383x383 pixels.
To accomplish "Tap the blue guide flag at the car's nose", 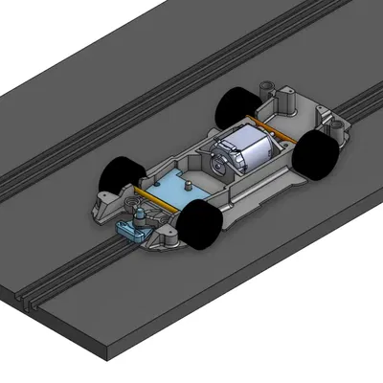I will click(x=132, y=229).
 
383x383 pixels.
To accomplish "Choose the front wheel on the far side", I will click(x=122, y=173).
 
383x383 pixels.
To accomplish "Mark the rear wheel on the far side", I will click(x=236, y=106).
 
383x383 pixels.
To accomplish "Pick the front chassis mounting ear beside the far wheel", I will click(x=99, y=201).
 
